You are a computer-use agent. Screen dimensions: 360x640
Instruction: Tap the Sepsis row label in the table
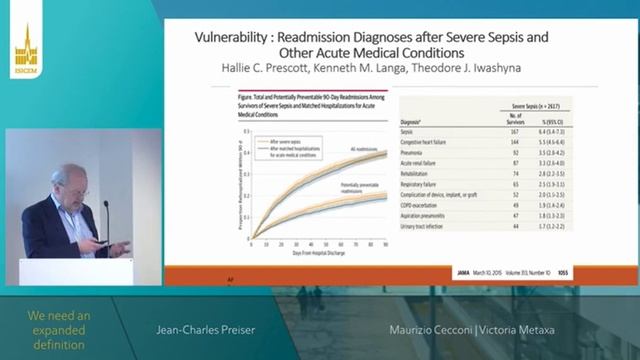pyautogui.click(x=408, y=130)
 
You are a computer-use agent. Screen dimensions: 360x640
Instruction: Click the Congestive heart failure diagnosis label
pyautogui.click(x=424, y=139)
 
